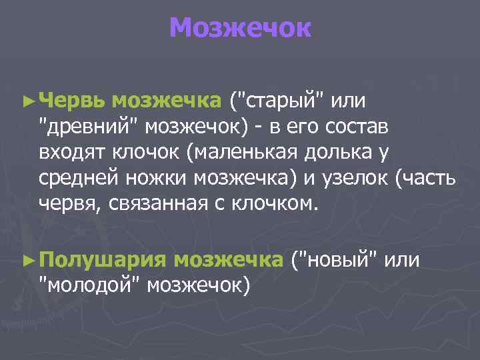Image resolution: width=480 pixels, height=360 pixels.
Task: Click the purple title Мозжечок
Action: pos(240,29)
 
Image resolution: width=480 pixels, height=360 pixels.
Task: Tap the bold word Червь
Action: pos(72,101)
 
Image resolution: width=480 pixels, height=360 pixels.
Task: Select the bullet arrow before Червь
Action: pos(27,101)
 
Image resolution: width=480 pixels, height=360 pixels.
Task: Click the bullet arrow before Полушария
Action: pos(27,260)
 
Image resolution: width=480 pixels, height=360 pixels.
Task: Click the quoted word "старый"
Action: pos(279,101)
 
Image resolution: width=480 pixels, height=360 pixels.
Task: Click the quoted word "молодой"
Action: pos(89,285)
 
